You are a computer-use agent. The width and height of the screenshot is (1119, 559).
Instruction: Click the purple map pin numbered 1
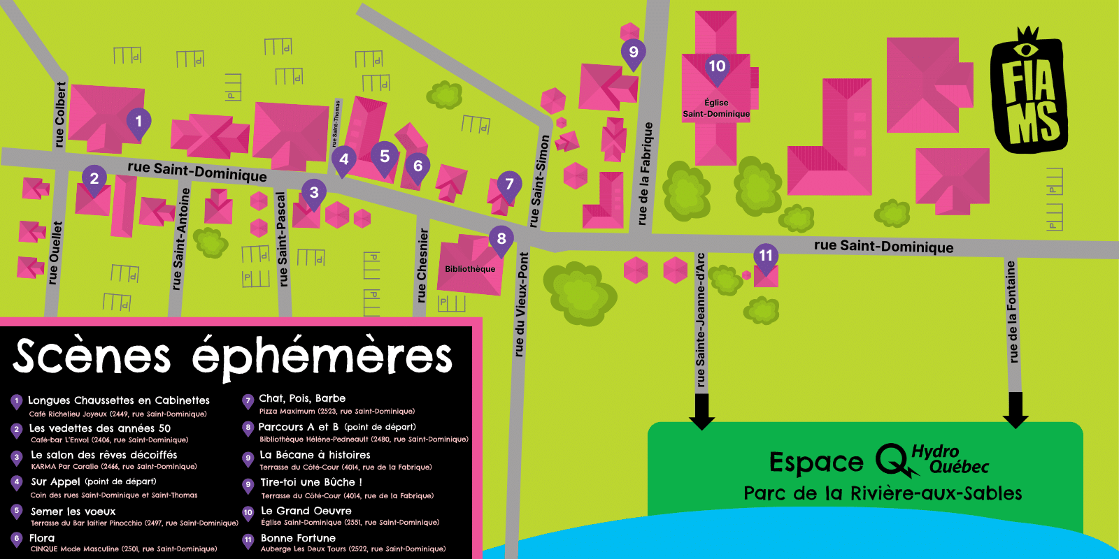pos(138,122)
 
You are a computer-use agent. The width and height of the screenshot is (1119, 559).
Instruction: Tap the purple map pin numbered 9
pos(633,52)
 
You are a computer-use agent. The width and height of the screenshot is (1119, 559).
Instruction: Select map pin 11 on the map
pos(766,256)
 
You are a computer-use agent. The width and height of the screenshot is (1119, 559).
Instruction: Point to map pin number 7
pos(509,184)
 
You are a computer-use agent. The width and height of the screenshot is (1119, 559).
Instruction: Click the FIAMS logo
pos(1029,91)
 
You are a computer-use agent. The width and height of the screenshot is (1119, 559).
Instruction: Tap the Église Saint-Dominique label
pos(716,108)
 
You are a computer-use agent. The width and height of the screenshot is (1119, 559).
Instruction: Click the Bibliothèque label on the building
pos(470,269)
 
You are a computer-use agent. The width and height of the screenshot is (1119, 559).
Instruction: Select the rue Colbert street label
pos(60,115)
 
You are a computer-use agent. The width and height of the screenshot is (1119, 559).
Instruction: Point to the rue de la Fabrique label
pos(645,173)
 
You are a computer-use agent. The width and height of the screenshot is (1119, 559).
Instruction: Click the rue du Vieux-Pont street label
pos(521,305)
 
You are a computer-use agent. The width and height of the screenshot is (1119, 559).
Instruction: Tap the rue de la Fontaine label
pos(1011,312)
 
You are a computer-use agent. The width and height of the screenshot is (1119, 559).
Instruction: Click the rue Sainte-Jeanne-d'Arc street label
pos(701,319)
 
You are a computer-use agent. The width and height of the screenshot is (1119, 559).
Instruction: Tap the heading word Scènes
pos(92,356)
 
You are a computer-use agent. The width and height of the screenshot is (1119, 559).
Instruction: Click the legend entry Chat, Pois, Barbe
pos(302,398)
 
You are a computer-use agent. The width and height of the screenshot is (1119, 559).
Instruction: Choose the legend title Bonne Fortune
pos(298,538)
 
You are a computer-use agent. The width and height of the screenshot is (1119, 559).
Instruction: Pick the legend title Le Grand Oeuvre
pos(306,511)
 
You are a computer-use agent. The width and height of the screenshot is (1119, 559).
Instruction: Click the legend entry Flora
pos(42,538)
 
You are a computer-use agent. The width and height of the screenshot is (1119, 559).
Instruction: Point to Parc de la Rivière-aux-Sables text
pos(883,493)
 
